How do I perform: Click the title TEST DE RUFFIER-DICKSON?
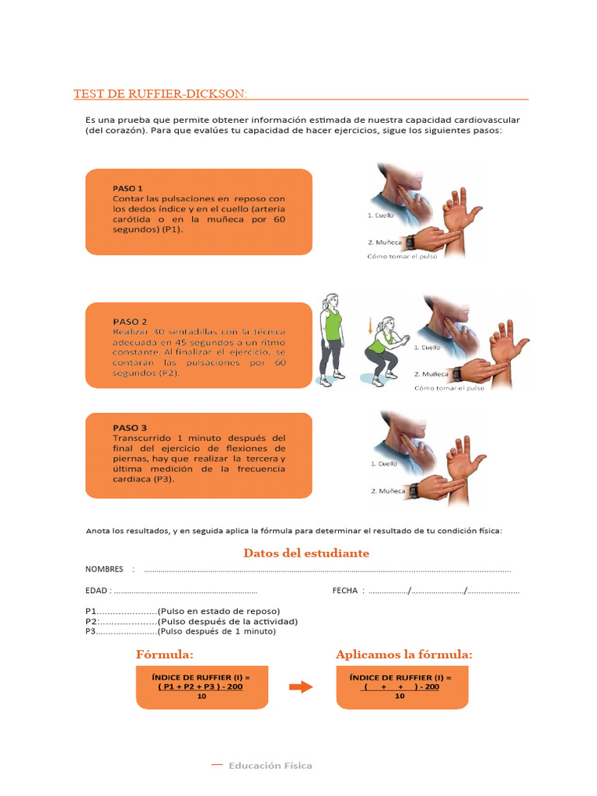coord(161,94)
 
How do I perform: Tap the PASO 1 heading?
coord(128,188)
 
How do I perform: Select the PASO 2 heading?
coord(130,321)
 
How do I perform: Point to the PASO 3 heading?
coord(130,428)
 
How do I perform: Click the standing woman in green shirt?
coord(332,339)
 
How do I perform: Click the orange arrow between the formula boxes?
coord(300,686)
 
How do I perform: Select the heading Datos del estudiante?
coord(306,553)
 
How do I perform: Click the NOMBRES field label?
coord(104,569)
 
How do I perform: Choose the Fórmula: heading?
coord(165,655)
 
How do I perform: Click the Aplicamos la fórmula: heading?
coord(403,655)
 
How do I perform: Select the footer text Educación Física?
coord(270,766)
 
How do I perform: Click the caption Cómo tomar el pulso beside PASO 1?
coord(402,257)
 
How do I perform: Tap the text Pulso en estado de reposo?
coord(219,611)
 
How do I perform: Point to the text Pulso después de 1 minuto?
coord(217,631)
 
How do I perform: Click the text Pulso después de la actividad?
coord(228,621)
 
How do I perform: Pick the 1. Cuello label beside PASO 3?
coord(382,464)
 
